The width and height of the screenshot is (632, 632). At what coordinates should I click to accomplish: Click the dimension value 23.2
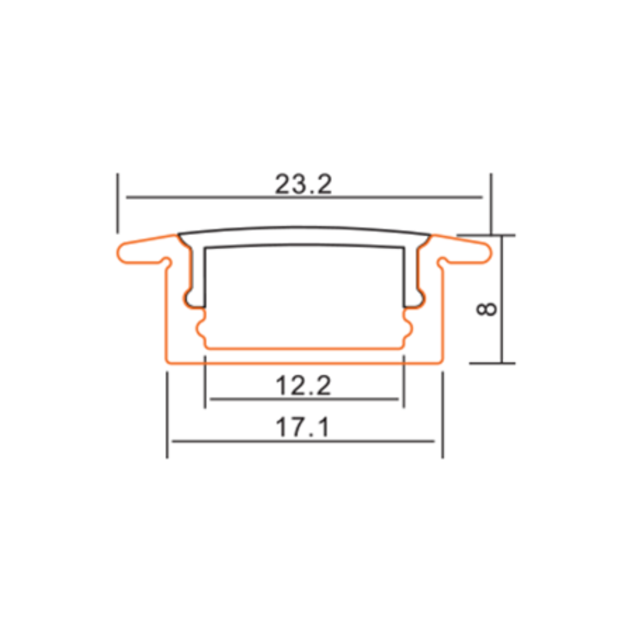(x=303, y=184)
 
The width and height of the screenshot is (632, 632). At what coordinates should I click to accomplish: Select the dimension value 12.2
(x=303, y=385)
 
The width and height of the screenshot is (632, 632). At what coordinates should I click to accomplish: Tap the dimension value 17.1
(x=303, y=428)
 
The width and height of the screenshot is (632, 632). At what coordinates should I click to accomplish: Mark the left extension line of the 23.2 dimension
(x=117, y=202)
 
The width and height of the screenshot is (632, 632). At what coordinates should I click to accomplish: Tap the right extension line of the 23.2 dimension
(x=490, y=202)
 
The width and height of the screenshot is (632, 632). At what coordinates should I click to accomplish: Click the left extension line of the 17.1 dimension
(x=167, y=414)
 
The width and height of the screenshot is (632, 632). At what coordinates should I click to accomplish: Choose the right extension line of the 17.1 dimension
(x=442, y=414)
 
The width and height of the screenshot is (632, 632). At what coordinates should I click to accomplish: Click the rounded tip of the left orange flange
(x=122, y=253)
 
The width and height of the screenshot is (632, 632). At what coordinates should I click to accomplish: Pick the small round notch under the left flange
(x=167, y=260)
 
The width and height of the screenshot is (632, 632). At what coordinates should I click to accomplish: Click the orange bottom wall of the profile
(x=303, y=363)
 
